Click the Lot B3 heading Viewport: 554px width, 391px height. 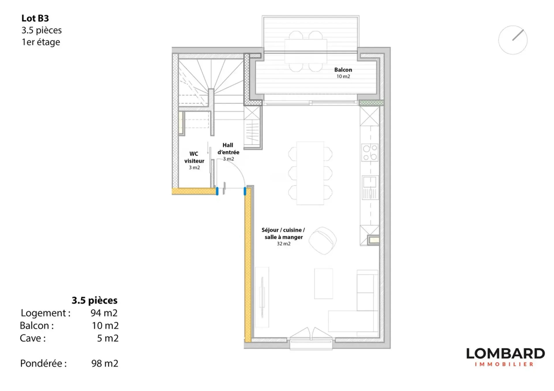(x=35, y=18)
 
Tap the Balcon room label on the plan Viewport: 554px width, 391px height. (x=343, y=70)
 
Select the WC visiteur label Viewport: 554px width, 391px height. (x=194, y=157)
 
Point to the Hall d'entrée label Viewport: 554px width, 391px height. (x=228, y=148)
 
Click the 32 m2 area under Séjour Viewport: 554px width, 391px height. (x=284, y=244)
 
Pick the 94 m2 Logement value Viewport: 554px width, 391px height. (x=104, y=313)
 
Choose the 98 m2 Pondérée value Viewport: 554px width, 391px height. (x=105, y=363)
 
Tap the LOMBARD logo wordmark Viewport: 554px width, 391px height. (x=506, y=354)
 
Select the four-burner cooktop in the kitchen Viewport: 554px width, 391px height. (x=370, y=153)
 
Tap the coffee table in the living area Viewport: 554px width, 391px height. (x=323, y=284)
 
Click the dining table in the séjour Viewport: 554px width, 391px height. (x=310, y=173)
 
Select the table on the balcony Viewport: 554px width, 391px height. (x=306, y=51)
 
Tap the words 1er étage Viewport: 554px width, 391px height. (x=41, y=42)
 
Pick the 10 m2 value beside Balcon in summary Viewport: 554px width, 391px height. (x=105, y=326)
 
